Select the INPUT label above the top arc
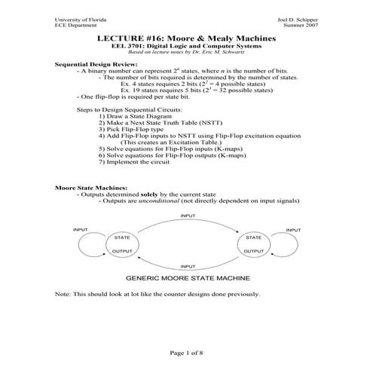[x=188, y=216]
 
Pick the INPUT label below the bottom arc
[x=188, y=266]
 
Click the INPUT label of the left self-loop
[x=81, y=229]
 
